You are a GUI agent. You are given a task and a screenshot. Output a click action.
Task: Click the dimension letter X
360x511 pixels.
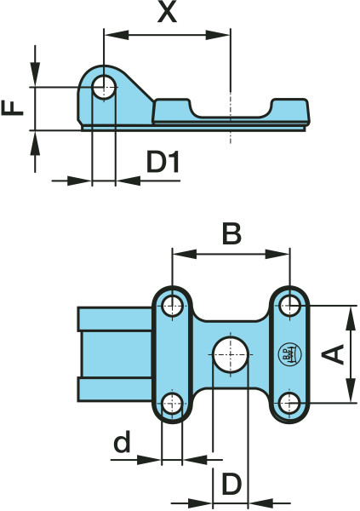[167, 14]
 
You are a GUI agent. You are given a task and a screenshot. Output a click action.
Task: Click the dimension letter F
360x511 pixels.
[13, 108]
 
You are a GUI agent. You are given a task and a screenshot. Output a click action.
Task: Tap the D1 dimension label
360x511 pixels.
[163, 163]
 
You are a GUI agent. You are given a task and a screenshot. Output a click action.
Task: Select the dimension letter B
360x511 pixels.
[231, 233]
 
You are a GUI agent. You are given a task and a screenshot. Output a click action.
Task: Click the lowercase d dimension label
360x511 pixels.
[123, 441]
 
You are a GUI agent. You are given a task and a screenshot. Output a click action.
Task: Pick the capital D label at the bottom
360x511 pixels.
[231, 484]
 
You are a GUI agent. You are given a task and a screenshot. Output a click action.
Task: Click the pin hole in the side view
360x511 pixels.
[104, 88]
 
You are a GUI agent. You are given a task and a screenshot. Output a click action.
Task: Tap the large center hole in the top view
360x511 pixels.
[231, 354]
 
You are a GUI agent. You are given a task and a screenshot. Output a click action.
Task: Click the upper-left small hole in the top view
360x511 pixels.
[173, 306]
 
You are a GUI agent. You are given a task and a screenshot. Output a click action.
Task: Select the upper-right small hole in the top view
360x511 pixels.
[290, 306]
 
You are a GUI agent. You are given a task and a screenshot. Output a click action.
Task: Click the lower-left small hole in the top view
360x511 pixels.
[172, 403]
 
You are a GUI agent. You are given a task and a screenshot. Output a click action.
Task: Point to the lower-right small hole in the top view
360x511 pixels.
[290, 403]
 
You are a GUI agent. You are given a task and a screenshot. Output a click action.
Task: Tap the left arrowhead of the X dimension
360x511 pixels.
[117, 35]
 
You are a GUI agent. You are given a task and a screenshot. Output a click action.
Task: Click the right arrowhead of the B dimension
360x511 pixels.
[277, 254]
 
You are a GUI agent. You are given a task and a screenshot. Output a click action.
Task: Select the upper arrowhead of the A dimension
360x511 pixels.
[351, 318]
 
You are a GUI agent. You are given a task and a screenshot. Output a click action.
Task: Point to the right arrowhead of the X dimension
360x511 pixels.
[218, 35]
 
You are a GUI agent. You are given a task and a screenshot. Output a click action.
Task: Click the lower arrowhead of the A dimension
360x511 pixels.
[351, 390]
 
